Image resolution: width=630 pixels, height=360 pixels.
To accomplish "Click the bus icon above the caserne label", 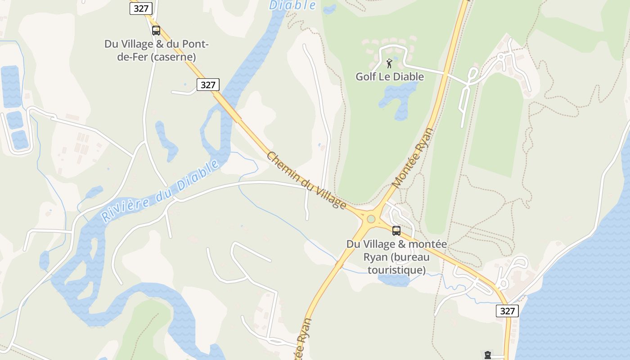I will (156, 31).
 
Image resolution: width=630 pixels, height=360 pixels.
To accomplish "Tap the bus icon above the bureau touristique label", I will (396, 231).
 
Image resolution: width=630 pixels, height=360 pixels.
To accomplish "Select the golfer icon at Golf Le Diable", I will (389, 63).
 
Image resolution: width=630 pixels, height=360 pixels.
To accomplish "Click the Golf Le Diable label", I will (390, 76).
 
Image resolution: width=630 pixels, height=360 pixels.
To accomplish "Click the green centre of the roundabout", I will (371, 219).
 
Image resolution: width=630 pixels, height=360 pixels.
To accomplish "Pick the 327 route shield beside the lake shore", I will (507, 310).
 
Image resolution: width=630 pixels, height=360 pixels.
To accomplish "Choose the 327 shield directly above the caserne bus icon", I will (141, 8).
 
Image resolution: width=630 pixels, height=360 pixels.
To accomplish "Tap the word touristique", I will (396, 270).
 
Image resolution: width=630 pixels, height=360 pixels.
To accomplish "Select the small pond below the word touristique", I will (393, 281).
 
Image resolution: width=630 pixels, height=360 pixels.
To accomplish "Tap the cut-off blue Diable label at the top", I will (292, 5).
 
